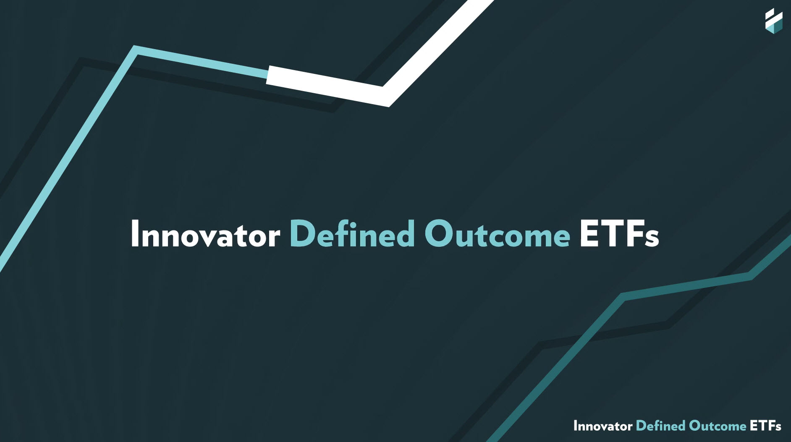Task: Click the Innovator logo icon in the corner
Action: click(x=774, y=21)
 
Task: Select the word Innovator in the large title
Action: click(x=205, y=234)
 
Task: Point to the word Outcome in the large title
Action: click(x=497, y=233)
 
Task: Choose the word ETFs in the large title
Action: click(x=619, y=233)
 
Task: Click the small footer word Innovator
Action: click(x=603, y=426)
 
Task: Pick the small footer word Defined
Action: click(x=661, y=426)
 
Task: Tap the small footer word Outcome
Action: click(x=718, y=426)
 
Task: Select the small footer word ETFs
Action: click(x=765, y=426)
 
